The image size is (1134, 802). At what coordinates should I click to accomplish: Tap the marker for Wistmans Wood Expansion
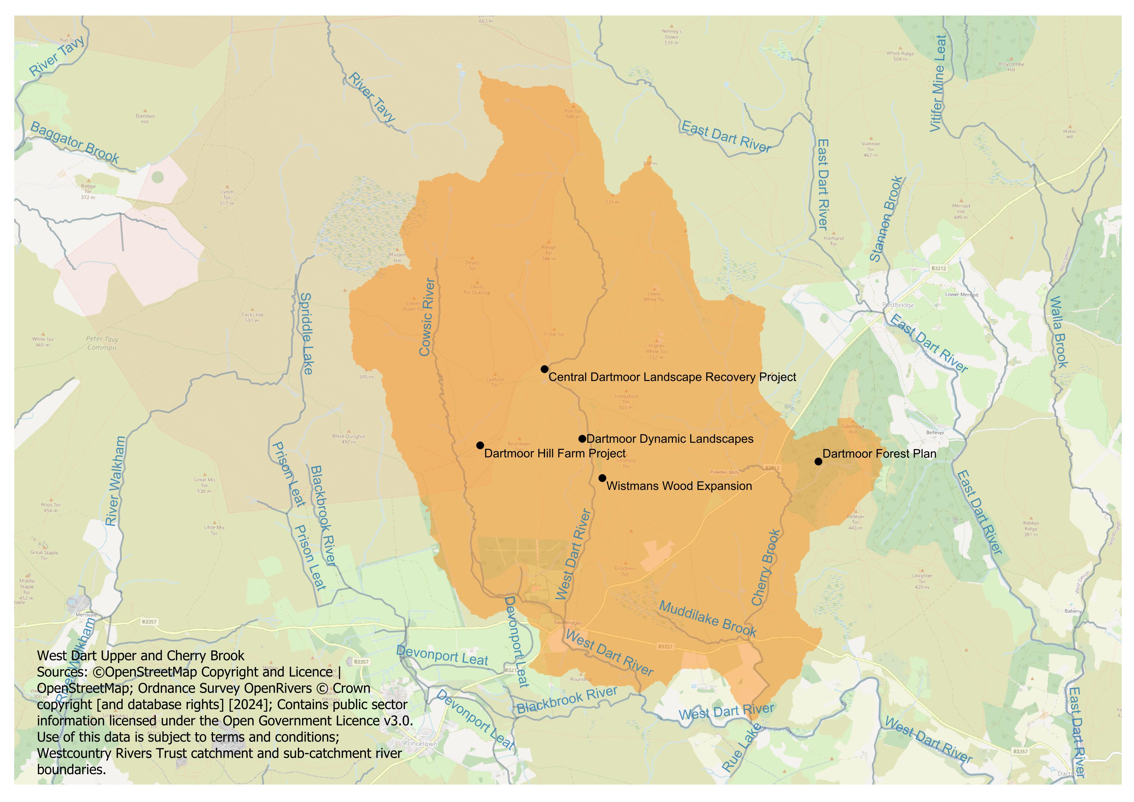[x=602, y=478]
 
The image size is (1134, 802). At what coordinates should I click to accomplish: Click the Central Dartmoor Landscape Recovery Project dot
[x=544, y=369]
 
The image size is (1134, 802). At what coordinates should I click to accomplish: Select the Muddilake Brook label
[x=707, y=619]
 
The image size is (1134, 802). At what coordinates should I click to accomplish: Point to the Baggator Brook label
[x=75, y=143]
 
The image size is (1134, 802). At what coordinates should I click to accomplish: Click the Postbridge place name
[x=898, y=305]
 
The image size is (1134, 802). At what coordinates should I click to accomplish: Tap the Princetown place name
[x=420, y=743]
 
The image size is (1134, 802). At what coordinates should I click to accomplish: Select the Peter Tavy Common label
[x=102, y=343]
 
